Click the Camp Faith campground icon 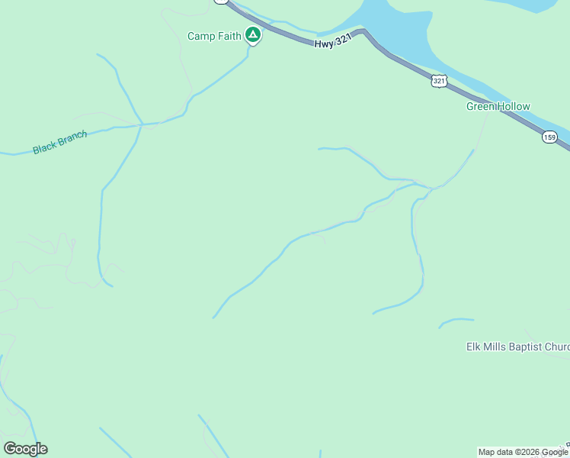pyautogui.click(x=253, y=35)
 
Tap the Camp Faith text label pyautogui.click(x=214, y=36)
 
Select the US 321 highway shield pyautogui.click(x=438, y=81)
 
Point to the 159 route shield pyautogui.click(x=550, y=137)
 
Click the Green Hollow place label pyautogui.click(x=498, y=107)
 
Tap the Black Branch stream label pyautogui.click(x=60, y=143)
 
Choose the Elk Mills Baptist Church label pyautogui.click(x=517, y=347)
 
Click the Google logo pyautogui.click(x=25, y=448)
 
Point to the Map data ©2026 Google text pyautogui.click(x=523, y=453)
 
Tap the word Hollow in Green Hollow pyautogui.click(x=514, y=107)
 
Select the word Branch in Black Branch pyautogui.click(x=72, y=139)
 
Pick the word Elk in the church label pyautogui.click(x=474, y=347)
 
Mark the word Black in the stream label pyautogui.click(x=44, y=147)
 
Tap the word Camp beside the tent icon pyautogui.click(x=200, y=36)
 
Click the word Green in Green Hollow pyautogui.click(x=481, y=107)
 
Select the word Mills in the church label pyautogui.click(x=495, y=347)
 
